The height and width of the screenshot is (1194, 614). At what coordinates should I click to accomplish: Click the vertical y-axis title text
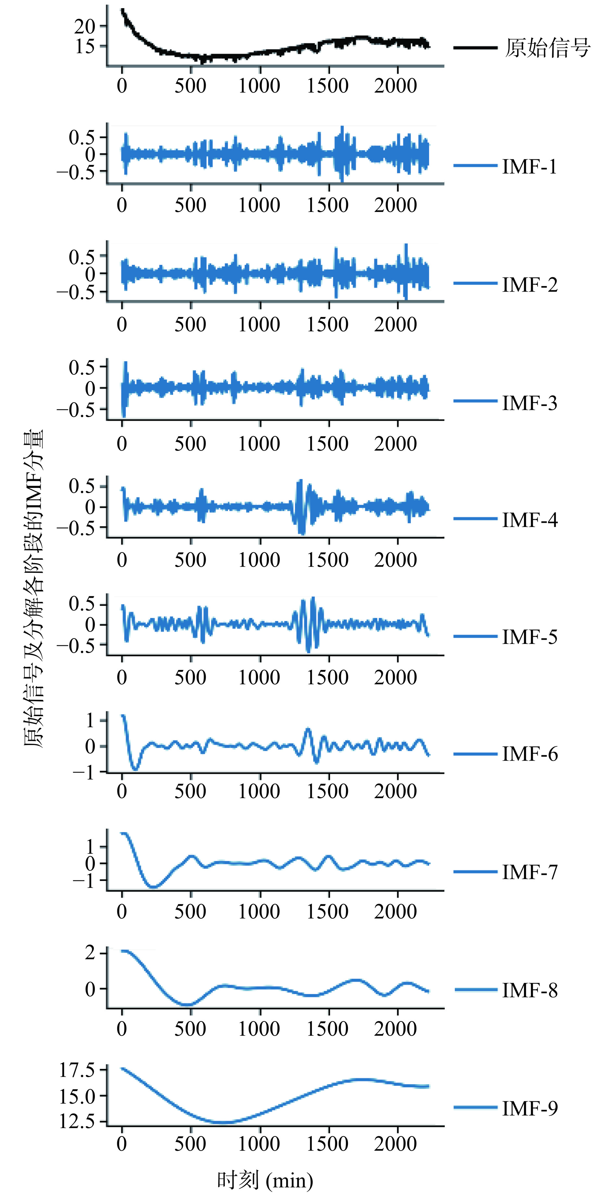coord(33,589)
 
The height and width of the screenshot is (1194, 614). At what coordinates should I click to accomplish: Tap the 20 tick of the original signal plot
coord(85,26)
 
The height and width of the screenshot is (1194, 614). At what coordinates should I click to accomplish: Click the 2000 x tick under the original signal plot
coord(396,86)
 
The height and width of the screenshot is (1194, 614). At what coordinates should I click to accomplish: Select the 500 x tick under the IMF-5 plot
coord(190,678)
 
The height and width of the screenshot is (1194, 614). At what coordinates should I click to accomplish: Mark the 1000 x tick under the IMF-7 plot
coord(259,912)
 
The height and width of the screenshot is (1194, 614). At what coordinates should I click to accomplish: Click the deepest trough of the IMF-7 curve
coord(154,887)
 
